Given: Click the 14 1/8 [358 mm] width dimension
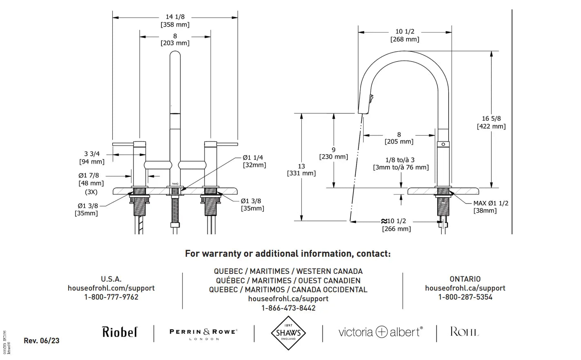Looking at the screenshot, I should coord(175,21).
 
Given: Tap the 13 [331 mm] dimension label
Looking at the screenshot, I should coord(301,170).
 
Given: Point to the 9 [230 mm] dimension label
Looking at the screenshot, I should coord(334,153).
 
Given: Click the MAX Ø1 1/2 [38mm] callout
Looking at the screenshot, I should coord(490,207).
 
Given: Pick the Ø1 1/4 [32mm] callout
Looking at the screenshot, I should coord(254,161).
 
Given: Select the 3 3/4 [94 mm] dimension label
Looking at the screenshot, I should coord(92,158).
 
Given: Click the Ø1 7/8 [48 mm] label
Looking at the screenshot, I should coord(91,179).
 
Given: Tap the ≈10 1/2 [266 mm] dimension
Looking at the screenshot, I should coord(396,225).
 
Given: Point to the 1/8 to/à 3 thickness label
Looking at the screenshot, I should coord(400,164).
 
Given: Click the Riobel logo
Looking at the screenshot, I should coord(120,332).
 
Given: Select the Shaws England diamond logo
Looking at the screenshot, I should coord(288,333).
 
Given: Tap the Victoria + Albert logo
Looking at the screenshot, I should coord(381,332).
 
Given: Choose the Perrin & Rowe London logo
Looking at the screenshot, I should coord(203,334).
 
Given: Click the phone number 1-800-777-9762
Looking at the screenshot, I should coord(111,297).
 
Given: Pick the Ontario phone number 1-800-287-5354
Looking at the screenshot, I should coord(465,297).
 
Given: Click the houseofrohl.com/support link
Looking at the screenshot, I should coord(111,288).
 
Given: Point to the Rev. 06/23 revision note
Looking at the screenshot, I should coord(41,341).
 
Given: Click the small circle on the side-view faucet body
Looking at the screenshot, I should coord(443,144).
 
